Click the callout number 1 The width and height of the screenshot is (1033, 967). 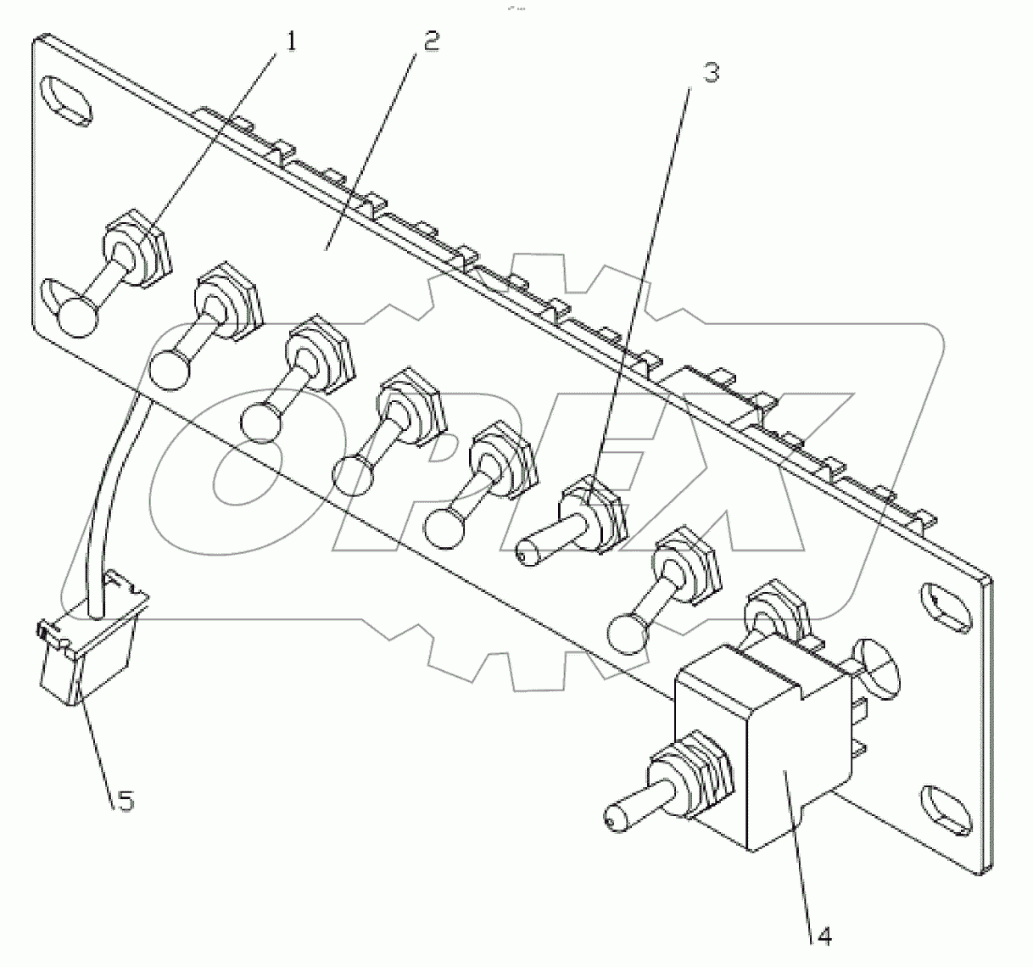[291, 41]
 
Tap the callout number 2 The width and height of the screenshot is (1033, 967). [431, 41]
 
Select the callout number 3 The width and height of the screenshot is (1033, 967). [711, 73]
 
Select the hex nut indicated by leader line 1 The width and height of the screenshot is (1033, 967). [139, 246]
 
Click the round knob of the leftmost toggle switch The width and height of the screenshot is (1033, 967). [78, 317]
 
